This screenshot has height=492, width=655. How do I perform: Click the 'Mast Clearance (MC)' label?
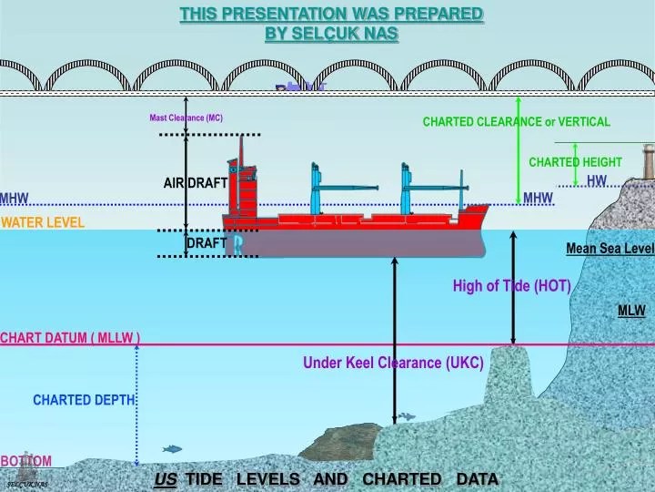click(x=186, y=118)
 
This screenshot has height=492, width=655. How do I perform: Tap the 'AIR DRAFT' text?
click(x=196, y=183)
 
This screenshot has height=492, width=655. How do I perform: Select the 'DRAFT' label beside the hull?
click(x=207, y=243)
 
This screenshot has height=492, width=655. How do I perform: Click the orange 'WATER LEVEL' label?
click(x=43, y=222)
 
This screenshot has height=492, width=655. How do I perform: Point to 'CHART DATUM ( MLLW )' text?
click(x=70, y=338)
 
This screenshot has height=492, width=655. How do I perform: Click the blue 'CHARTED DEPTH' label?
click(x=84, y=400)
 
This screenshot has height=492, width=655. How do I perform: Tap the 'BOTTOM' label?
click(x=26, y=461)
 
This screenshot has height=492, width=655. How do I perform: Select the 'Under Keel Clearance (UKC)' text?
click(x=393, y=363)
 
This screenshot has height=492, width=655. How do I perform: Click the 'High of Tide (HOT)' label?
click(x=512, y=286)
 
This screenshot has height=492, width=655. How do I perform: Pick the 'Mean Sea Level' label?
click(x=610, y=248)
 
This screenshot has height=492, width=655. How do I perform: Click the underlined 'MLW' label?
click(x=631, y=311)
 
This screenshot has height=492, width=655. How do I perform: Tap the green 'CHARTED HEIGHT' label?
click(x=575, y=162)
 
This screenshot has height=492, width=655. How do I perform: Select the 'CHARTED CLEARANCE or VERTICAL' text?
click(x=517, y=121)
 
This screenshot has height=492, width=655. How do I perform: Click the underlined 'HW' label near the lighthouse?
click(x=597, y=180)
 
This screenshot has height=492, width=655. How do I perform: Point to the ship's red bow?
click(x=473, y=219)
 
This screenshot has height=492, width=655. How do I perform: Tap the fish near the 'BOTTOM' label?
click(x=171, y=448)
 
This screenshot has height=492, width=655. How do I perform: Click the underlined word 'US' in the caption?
click(x=166, y=479)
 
